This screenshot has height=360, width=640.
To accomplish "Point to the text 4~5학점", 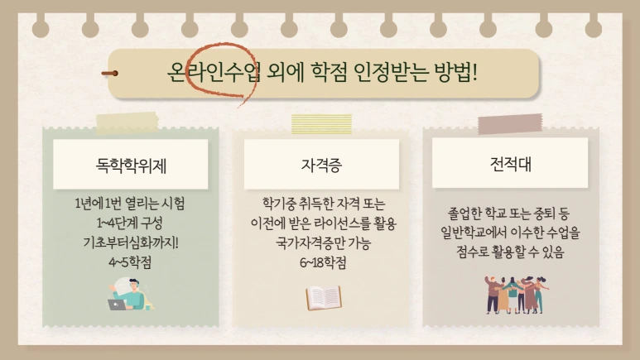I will click(130, 262).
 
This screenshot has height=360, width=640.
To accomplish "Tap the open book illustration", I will click(324, 297).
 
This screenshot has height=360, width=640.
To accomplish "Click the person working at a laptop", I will click(129, 294).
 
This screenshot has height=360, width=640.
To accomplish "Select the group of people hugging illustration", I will click(511, 295).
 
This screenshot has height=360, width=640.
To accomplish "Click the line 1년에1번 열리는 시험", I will click(130, 203).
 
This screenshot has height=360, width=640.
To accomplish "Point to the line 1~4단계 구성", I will click(130, 223).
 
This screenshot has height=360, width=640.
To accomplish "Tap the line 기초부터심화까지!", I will click(130, 242).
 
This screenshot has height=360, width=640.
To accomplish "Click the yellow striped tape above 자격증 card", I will click(321, 124).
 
